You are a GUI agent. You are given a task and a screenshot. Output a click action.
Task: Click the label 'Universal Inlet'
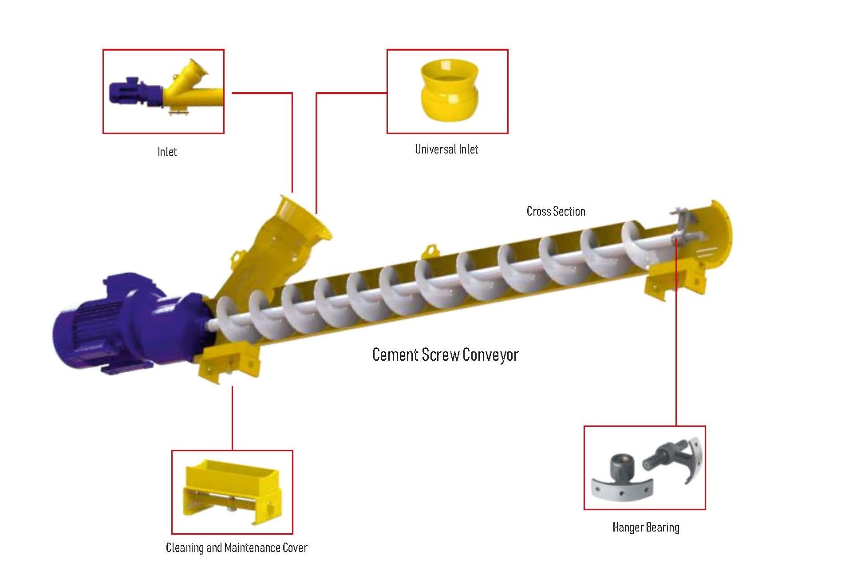pyautogui.click(x=446, y=150)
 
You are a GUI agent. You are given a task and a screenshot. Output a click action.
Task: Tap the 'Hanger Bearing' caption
pyautogui.click(x=646, y=528)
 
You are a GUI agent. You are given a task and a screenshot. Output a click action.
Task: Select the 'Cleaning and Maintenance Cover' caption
pyautogui.click(x=237, y=548)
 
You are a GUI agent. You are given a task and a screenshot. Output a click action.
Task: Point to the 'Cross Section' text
pyautogui.click(x=556, y=212)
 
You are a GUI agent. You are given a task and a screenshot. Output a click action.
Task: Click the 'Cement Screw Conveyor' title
pyautogui.click(x=445, y=355)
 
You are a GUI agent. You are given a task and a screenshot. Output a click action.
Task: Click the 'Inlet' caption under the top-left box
pyautogui.click(x=167, y=152)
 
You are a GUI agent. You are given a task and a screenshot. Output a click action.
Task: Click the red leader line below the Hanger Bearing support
pyautogui.click(x=676, y=355)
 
